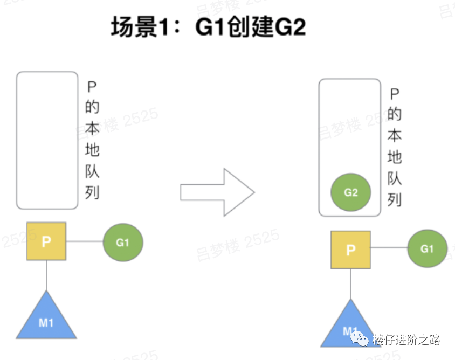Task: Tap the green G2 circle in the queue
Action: click(x=351, y=192)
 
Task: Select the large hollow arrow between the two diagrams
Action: click(x=217, y=192)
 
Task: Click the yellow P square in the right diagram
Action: click(x=351, y=250)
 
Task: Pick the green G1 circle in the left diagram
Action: click(x=123, y=243)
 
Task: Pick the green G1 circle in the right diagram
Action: click(x=427, y=249)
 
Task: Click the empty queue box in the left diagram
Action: click(x=47, y=140)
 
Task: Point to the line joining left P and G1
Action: click(x=85, y=242)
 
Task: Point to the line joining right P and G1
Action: click(x=389, y=250)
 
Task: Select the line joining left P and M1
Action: click(x=46, y=276)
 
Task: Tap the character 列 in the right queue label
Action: click(x=395, y=199)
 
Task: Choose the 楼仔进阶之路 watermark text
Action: click(x=405, y=340)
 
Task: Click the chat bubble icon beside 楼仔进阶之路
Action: click(x=359, y=339)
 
